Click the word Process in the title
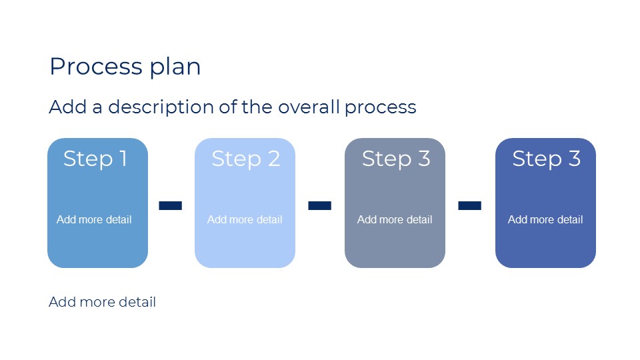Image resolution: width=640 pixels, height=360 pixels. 96,66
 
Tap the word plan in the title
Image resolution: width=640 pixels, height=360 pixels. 175,68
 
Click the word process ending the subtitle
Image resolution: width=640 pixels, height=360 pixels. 381,108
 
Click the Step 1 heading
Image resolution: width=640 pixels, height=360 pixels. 95,159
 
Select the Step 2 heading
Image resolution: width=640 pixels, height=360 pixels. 246,159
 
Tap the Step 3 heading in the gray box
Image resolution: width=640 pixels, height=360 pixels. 396,159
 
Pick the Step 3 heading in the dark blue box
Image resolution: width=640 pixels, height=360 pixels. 546,159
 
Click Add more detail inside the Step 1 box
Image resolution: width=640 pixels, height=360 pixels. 94,219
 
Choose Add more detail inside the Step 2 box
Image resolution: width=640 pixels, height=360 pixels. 245,219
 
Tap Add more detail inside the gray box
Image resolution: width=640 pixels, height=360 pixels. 395,219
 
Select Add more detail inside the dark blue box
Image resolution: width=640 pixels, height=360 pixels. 545,219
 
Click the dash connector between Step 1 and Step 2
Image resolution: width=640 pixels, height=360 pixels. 170,205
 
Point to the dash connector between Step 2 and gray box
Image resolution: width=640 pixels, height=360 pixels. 319,205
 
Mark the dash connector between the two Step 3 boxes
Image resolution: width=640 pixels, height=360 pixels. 470,205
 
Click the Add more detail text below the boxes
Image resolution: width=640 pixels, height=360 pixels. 103,302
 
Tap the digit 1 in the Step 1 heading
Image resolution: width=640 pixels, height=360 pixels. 123,159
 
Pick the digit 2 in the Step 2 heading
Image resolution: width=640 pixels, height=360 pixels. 274,159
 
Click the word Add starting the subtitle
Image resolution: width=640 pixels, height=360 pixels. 68,107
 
